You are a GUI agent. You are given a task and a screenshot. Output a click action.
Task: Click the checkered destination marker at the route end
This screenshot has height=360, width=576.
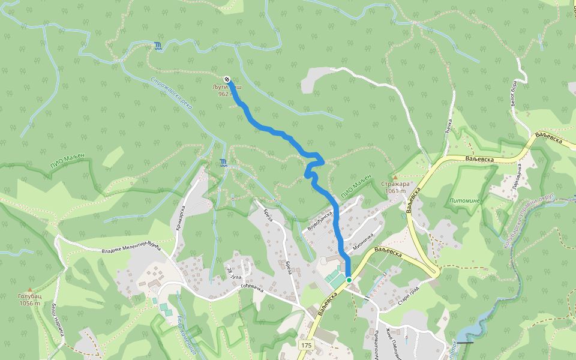pyautogui.click(x=227, y=79)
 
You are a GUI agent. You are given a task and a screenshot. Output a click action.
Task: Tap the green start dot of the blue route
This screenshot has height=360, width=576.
pyautogui.click(x=349, y=280)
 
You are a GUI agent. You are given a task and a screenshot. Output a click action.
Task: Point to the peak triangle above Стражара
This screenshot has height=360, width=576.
pyautogui.click(x=395, y=177)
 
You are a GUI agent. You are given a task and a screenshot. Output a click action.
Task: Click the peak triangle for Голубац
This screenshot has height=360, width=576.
pyautogui.click(x=29, y=289)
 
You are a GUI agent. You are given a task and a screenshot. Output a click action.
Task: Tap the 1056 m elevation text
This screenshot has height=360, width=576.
pyautogui.click(x=29, y=303)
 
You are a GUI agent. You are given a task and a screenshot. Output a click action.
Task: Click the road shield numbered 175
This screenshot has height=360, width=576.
pyautogui.click(x=307, y=345)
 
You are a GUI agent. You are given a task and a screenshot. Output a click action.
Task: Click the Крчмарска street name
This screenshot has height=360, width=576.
pyautogui.click(x=179, y=217)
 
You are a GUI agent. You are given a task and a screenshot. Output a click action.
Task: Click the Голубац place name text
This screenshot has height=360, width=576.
pyautogui.click(x=29, y=296)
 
